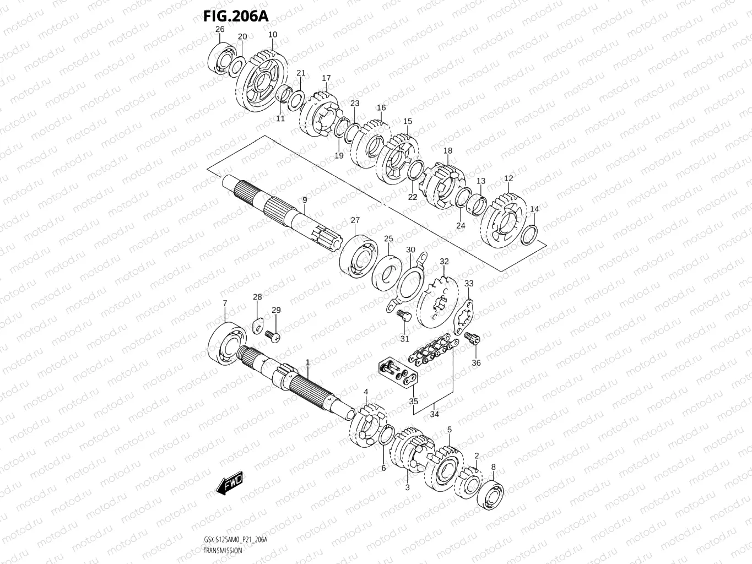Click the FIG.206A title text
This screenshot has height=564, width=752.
[235, 16]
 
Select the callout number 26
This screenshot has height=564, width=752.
[220, 29]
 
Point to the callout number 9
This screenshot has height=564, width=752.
[304, 199]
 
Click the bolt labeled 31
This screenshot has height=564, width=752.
[403, 315]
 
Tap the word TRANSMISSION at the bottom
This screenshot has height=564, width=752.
[223, 551]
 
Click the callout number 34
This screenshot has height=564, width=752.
[434, 414]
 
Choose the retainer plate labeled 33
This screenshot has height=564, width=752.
[463, 317]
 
